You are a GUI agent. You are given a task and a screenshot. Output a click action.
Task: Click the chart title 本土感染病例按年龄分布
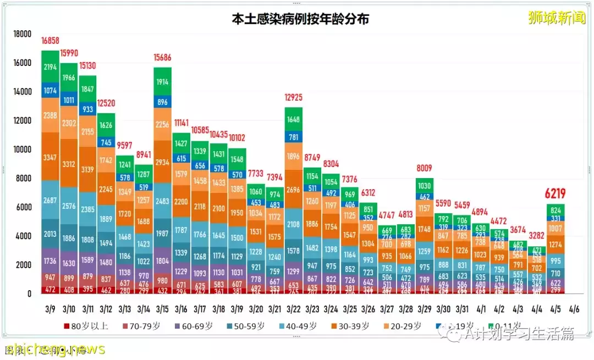(x=300, y=19)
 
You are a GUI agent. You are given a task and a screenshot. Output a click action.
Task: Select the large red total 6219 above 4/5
(x=555, y=193)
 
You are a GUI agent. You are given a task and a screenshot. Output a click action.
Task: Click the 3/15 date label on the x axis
(x=163, y=309)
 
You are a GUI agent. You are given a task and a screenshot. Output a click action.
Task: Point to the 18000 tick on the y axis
(x=22, y=34)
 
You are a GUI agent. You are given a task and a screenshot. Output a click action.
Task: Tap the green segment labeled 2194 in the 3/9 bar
(x=50, y=67)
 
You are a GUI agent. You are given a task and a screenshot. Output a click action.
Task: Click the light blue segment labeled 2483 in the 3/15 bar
(x=163, y=202)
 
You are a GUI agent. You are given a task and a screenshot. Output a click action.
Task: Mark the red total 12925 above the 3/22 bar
(x=294, y=98)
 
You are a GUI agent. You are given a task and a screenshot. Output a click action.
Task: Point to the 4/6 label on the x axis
(x=575, y=309)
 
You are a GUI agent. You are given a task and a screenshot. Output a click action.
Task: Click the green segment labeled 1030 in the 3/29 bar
(x=425, y=186)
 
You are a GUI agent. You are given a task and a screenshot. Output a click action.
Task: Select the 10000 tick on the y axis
(x=22, y=149)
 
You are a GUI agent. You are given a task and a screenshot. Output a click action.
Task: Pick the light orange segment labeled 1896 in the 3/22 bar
(x=294, y=157)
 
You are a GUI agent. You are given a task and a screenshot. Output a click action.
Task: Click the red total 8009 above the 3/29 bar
(x=425, y=169)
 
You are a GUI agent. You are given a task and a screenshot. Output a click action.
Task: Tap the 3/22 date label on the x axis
(x=294, y=309)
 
